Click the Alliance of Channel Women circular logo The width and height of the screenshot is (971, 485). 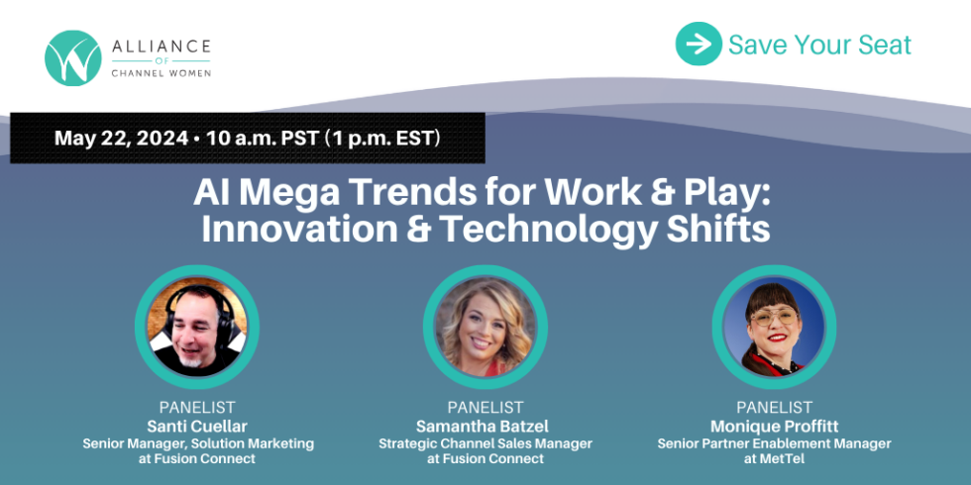[x=72, y=57]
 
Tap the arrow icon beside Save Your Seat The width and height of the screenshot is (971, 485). [x=699, y=45]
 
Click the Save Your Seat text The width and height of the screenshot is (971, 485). [x=819, y=45]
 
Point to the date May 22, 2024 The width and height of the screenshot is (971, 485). [x=121, y=138]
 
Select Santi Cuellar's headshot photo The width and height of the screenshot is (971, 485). [x=196, y=327]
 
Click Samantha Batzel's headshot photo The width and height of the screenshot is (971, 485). [x=485, y=327]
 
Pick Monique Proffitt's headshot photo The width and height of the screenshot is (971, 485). [x=774, y=327]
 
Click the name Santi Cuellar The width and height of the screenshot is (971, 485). [x=197, y=426]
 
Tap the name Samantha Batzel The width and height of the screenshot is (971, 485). [x=485, y=426]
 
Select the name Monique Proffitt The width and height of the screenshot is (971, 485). [x=774, y=426]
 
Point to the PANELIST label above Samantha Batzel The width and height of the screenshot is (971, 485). [x=485, y=407]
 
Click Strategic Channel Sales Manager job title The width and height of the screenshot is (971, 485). [x=485, y=443]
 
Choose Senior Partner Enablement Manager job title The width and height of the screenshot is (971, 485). [x=774, y=443]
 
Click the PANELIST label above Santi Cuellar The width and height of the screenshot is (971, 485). [x=197, y=407]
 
